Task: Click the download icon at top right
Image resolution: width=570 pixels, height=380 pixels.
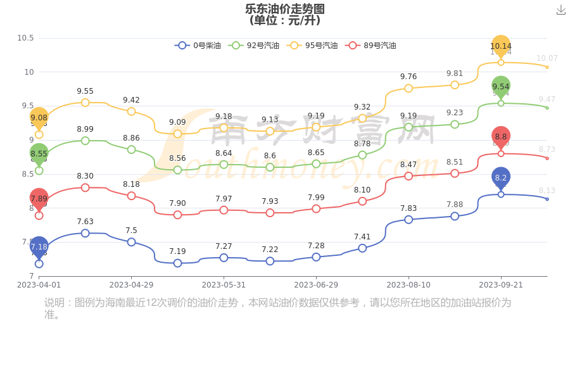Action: point(560,10)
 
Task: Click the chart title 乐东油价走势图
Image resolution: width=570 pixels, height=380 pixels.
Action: point(284,9)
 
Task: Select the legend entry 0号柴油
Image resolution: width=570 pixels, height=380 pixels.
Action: point(198,46)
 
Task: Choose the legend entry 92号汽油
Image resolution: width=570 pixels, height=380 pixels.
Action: point(254,46)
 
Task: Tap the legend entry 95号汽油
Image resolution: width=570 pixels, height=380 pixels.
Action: point(312,46)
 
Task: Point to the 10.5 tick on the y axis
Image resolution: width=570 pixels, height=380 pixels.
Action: point(25,38)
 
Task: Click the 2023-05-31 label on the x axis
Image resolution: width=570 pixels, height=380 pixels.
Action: point(224,285)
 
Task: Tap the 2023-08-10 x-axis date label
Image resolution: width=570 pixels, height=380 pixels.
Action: point(408,285)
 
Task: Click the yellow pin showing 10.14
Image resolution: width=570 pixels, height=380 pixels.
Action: point(500,46)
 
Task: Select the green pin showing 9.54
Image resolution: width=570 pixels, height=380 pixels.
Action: point(500,87)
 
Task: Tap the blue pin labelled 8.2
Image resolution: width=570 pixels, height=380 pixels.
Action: point(500,178)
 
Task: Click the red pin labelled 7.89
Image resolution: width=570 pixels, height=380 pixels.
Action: point(39,199)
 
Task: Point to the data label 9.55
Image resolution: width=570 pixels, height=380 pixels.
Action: point(85,91)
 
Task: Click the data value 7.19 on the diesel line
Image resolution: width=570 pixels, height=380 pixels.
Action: point(177,251)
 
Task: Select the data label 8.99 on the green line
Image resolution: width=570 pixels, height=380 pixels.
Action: point(85,129)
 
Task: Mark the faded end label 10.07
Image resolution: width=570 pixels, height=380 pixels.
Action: point(547,58)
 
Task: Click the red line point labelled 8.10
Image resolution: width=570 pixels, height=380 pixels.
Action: point(362,201)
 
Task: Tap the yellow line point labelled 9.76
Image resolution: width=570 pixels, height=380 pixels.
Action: point(408,88)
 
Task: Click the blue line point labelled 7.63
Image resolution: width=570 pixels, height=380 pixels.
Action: point(85,233)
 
